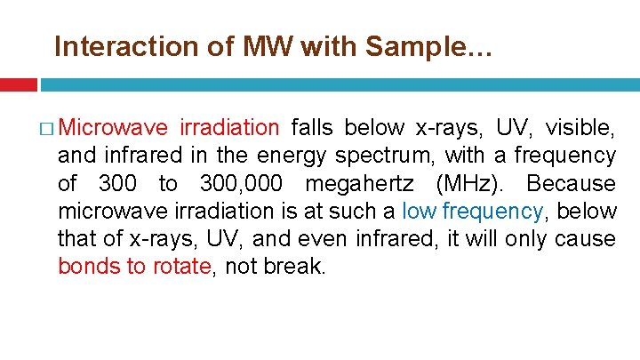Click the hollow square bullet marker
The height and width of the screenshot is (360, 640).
coord(46,129)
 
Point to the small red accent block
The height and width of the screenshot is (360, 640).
coord(18,84)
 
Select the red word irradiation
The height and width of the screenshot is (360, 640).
coord(229,127)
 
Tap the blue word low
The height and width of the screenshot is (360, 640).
coord(420,211)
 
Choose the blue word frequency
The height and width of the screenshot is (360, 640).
coord(494,211)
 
